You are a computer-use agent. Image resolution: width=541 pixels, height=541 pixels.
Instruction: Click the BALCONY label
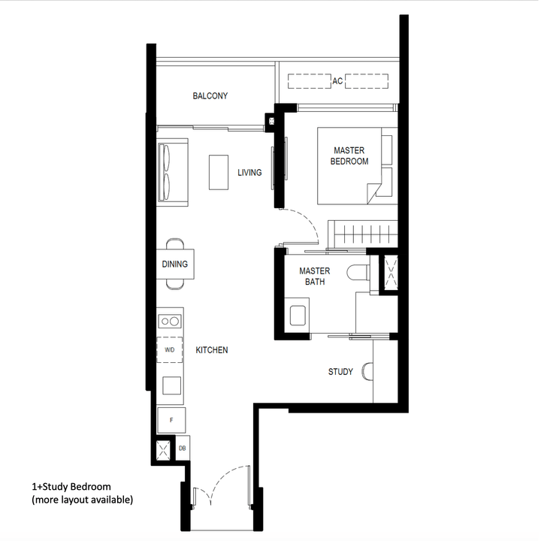[210, 96]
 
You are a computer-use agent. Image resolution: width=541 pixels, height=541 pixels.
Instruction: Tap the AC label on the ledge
[337, 80]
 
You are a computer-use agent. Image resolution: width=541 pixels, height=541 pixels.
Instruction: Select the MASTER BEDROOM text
[350, 156]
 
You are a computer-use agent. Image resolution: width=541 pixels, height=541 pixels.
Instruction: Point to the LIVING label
[249, 173]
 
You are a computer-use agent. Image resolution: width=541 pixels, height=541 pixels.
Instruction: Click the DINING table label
[174, 264]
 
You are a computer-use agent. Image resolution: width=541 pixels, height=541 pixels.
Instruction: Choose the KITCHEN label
[212, 350]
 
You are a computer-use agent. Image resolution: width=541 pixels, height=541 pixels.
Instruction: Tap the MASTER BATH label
[314, 277]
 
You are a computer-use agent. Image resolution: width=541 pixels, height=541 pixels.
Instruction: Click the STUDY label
[340, 372]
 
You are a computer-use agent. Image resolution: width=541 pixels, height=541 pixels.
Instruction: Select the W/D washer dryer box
[170, 350]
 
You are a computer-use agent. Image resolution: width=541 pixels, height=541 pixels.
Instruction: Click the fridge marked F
[171, 420]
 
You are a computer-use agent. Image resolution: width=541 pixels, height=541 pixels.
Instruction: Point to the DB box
[183, 449]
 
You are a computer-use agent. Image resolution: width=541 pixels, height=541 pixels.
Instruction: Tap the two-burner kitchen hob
[170, 321]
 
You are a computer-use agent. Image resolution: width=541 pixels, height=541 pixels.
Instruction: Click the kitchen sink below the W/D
[171, 385]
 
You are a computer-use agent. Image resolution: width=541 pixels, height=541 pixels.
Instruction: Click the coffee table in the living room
[219, 172]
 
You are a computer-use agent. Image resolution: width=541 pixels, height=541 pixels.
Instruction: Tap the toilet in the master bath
[358, 274]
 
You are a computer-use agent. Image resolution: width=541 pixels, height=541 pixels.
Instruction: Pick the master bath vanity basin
[298, 313]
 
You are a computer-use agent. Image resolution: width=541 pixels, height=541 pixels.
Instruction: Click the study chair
[367, 372]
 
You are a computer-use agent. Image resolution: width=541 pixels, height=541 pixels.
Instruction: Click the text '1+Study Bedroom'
[71, 487]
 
